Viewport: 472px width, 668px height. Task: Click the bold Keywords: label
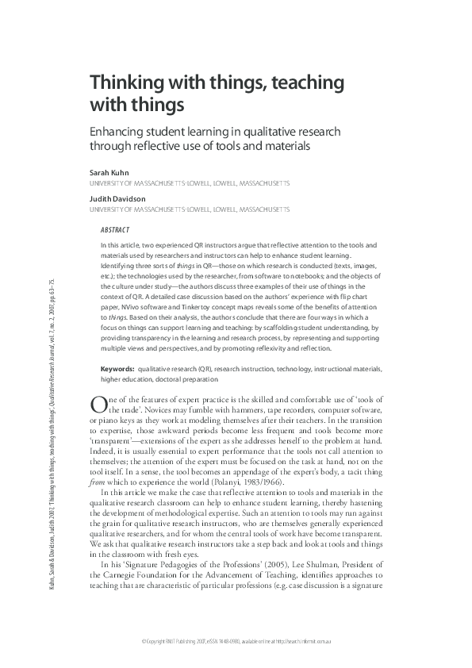tap(117, 370)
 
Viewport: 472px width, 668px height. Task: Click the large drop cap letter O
tap(98, 405)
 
